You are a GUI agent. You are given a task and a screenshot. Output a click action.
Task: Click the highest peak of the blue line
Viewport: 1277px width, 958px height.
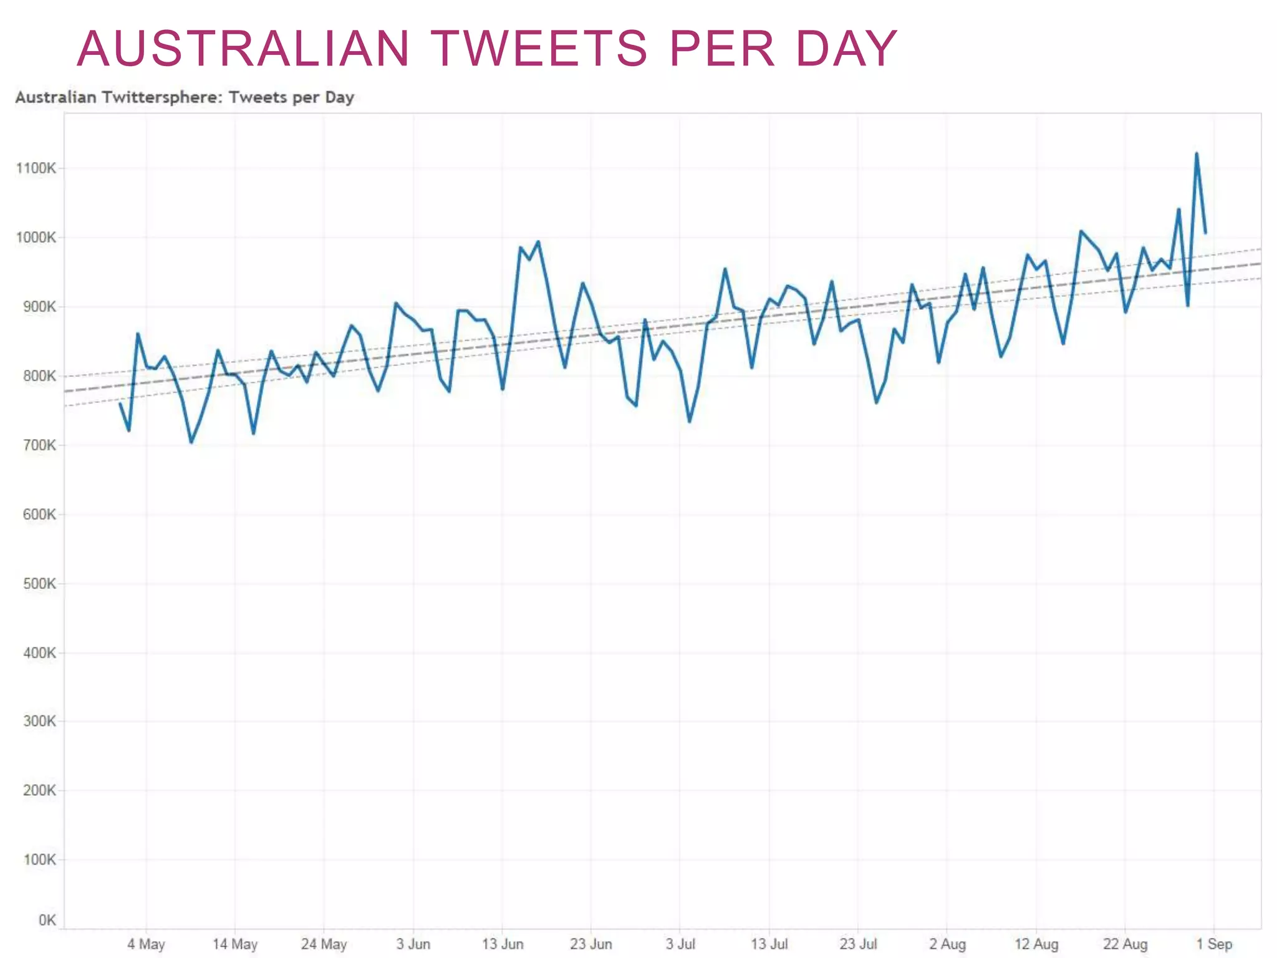pyautogui.click(x=1196, y=153)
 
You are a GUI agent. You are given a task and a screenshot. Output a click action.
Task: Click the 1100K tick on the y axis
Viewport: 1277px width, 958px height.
pyautogui.click(x=36, y=168)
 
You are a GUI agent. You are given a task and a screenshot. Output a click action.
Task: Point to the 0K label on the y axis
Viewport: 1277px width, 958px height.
pyautogui.click(x=47, y=921)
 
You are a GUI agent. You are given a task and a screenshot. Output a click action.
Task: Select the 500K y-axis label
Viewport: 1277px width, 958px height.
pyautogui.click(x=39, y=584)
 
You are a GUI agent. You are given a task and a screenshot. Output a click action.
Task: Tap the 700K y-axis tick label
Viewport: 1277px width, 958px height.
pyautogui.click(x=39, y=445)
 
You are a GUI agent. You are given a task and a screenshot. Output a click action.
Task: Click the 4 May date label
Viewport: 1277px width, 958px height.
pyautogui.click(x=146, y=944)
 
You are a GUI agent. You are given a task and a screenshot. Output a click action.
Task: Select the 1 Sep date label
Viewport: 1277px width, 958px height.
pyautogui.click(x=1213, y=944)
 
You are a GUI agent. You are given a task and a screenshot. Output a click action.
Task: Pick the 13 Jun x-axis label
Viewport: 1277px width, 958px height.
pyautogui.click(x=503, y=944)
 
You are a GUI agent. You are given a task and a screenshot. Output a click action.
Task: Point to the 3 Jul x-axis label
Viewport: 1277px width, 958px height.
pyautogui.click(x=680, y=944)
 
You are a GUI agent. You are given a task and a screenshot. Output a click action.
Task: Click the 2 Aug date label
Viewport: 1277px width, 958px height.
pyautogui.click(x=947, y=944)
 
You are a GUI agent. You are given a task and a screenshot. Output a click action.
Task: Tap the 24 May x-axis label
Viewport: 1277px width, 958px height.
pyautogui.click(x=324, y=944)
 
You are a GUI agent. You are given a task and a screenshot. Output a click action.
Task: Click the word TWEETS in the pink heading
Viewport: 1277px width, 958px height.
pyautogui.click(x=539, y=49)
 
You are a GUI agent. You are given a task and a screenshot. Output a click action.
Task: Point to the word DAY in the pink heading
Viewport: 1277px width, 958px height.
pyautogui.click(x=846, y=49)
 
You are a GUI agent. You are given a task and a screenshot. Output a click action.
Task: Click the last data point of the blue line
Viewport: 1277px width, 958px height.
pyautogui.click(x=1205, y=233)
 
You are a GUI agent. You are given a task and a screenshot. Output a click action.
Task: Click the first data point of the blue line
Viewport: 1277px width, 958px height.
pyautogui.click(x=120, y=404)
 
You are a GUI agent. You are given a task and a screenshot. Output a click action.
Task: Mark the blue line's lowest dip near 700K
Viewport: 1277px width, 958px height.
pyautogui.click(x=191, y=442)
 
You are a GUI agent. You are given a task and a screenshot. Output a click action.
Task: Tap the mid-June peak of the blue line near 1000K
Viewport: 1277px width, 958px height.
pyautogui.click(x=538, y=242)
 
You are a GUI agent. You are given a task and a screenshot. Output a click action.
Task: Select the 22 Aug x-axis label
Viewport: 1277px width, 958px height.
pyautogui.click(x=1125, y=944)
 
